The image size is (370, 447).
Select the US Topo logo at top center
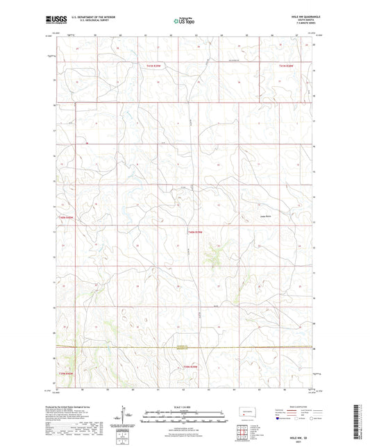click(185, 22)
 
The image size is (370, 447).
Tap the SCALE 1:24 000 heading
click(185, 406)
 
